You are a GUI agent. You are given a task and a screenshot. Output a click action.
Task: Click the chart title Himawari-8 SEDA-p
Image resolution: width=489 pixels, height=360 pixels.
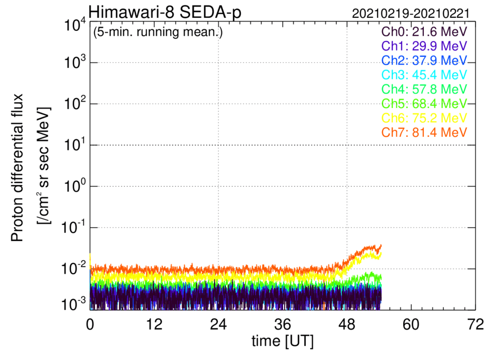pyautogui.click(x=165, y=12)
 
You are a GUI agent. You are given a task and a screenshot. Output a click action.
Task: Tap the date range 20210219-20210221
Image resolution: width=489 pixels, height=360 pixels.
pyautogui.click(x=411, y=14)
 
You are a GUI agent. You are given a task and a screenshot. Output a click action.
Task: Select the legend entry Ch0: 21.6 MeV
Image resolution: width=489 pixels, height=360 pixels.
pyautogui.click(x=424, y=31)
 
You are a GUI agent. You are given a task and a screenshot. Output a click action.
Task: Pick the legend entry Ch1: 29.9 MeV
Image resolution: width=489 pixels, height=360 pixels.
pyautogui.click(x=424, y=46)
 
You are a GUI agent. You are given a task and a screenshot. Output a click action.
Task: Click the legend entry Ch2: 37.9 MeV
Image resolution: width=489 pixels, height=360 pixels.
pyautogui.click(x=424, y=60)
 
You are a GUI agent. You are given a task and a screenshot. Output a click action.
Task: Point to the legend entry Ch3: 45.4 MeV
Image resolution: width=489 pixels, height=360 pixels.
pyautogui.click(x=424, y=75)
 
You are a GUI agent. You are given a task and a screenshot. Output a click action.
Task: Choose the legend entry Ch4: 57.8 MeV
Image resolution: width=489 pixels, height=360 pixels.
pyautogui.click(x=424, y=89)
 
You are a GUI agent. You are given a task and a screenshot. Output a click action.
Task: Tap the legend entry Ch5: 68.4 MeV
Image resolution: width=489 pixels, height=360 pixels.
pyautogui.click(x=424, y=104)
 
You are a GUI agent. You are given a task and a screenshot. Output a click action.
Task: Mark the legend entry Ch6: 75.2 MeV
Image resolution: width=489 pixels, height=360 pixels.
pyautogui.click(x=424, y=118)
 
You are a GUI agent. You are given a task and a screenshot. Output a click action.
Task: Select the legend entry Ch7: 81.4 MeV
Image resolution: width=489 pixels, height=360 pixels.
pyautogui.click(x=424, y=132)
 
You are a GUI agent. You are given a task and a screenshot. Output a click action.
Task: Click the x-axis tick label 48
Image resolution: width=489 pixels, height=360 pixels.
pyautogui.click(x=347, y=325)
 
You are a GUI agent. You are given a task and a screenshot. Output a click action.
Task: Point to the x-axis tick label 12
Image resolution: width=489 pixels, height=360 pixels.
pyautogui.click(x=154, y=325)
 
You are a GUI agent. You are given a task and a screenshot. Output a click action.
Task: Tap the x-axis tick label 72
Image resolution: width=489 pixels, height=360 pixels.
pyautogui.click(x=475, y=325)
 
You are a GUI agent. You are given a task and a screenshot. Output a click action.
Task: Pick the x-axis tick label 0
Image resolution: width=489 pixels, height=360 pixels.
pyautogui.click(x=90, y=325)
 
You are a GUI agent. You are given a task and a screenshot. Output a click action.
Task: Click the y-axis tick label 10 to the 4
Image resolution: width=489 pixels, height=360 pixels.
pyautogui.click(x=74, y=25)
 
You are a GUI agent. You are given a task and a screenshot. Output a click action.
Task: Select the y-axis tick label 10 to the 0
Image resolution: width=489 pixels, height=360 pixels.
pyautogui.click(x=74, y=186)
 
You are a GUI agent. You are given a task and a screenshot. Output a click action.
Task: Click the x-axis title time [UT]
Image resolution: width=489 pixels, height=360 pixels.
pyautogui.click(x=283, y=342)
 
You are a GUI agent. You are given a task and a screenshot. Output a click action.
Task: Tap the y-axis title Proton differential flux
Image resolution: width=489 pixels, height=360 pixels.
pyautogui.click(x=17, y=167)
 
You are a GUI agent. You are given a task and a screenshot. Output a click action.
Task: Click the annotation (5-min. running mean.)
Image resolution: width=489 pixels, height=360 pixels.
pyautogui.click(x=158, y=32)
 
